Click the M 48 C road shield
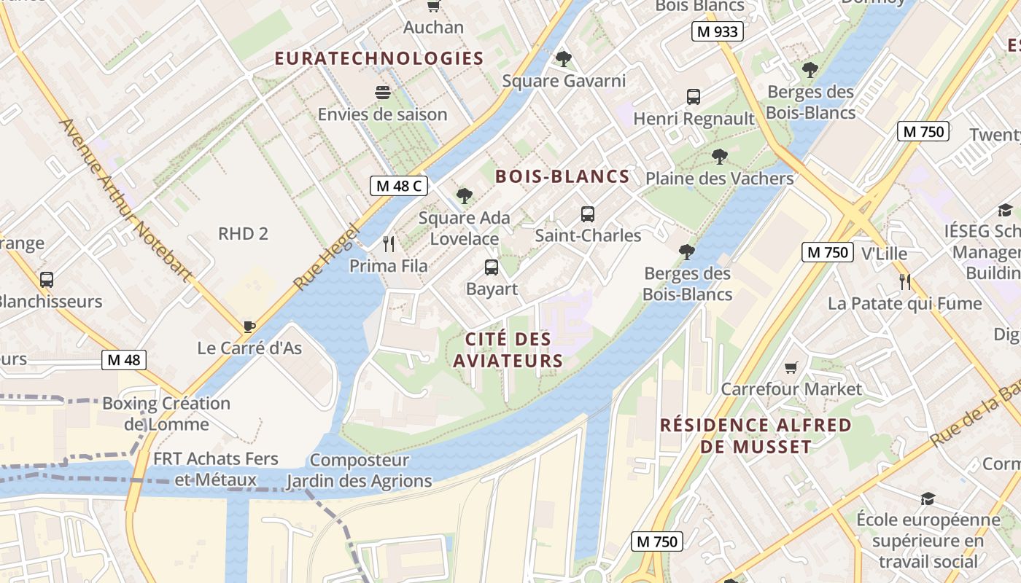pyautogui.click(x=398, y=186)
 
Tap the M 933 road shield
pyautogui.click(x=718, y=31)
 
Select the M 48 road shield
pyautogui.click(x=124, y=359)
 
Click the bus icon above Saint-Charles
pyautogui.click(x=588, y=214)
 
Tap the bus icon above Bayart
pyautogui.click(x=492, y=267)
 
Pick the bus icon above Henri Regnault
pyautogui.click(x=694, y=96)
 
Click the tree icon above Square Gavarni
pyautogui.click(x=563, y=59)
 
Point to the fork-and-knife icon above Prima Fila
pyautogui.click(x=389, y=244)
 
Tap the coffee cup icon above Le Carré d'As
pyautogui.click(x=249, y=326)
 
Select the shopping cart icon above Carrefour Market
pyautogui.click(x=791, y=368)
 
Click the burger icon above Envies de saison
pyautogui.click(x=382, y=93)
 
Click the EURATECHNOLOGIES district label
pyautogui.click(x=379, y=58)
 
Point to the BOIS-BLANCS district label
pyautogui.click(x=562, y=176)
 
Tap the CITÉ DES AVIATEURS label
pyautogui.click(x=508, y=350)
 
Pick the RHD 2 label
pyautogui.click(x=243, y=233)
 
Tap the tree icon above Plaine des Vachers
pyautogui.click(x=720, y=157)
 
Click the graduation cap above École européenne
pyautogui.click(x=928, y=498)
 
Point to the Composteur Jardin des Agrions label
pyautogui.click(x=359, y=471)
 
